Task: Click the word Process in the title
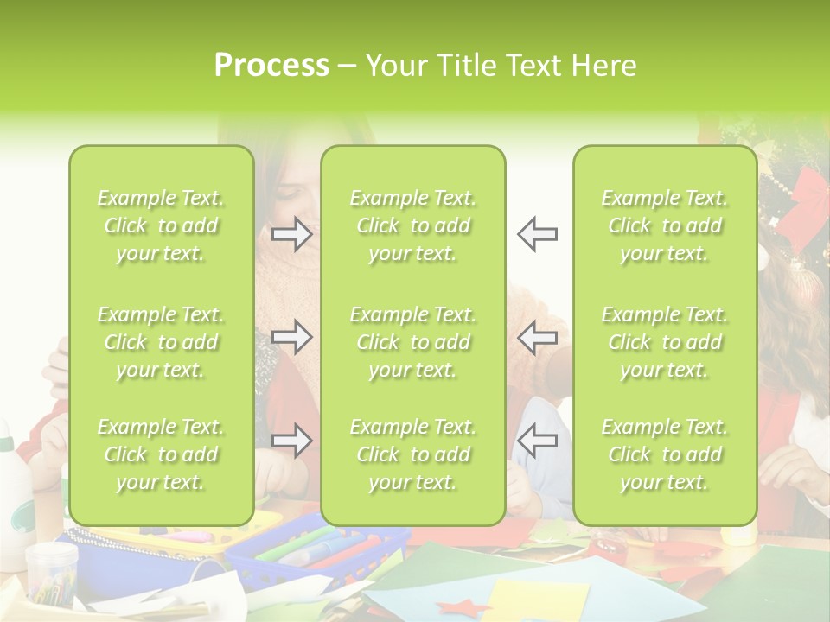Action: [x=271, y=66]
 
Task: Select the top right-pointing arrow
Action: [x=292, y=234]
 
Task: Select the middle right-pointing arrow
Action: [x=292, y=337]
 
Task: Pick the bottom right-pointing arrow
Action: [x=292, y=441]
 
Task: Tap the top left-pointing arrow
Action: [x=537, y=234]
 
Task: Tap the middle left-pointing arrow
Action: [x=537, y=337]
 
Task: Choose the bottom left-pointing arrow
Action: [x=537, y=441]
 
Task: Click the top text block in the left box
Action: [x=161, y=225]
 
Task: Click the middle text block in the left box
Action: [x=161, y=342]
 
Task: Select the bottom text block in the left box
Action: [x=161, y=454]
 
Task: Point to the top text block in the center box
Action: [x=412, y=225]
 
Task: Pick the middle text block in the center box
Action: [x=412, y=342]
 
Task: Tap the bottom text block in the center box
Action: [x=412, y=454]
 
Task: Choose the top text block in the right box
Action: [x=665, y=225]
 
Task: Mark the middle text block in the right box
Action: [x=665, y=342]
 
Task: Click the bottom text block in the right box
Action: [x=665, y=454]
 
